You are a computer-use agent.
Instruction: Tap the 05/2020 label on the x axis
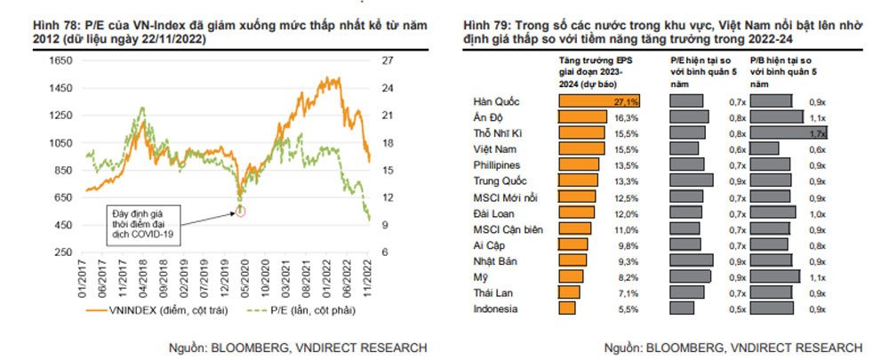pos(241,276)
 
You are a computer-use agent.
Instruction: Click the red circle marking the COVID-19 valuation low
pos(240,210)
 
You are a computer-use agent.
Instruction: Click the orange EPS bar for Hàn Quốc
pos(598,101)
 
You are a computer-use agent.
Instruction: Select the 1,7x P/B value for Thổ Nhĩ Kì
pos(819,133)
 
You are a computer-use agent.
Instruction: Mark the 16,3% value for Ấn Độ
pos(627,117)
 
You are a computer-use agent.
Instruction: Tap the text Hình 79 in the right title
pos(489,27)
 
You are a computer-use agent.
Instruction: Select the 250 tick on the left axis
pos(63,252)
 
